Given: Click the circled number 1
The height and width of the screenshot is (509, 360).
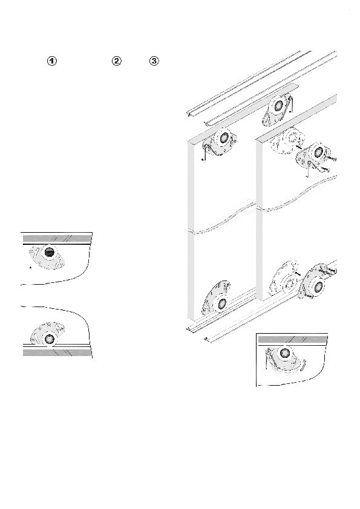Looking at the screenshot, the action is click(x=52, y=60).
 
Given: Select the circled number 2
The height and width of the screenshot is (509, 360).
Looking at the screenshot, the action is click(x=116, y=60).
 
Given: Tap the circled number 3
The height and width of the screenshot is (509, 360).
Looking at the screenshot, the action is click(x=154, y=60).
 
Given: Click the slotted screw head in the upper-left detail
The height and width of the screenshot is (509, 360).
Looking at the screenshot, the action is click(x=50, y=252).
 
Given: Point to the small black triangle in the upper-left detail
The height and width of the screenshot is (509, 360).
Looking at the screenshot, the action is click(x=30, y=267).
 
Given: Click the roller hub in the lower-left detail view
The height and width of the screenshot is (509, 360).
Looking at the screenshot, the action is click(x=50, y=339).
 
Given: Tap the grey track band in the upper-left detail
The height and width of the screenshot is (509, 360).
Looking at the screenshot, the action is click(x=57, y=239).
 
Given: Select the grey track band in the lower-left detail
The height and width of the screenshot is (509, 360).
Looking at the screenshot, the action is click(x=57, y=352).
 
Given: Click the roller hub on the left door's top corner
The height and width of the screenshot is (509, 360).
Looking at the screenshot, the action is click(x=224, y=138).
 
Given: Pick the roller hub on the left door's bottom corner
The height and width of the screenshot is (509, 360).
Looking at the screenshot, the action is click(x=222, y=303).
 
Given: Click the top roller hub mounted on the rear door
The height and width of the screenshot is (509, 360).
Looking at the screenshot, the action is click(x=278, y=106).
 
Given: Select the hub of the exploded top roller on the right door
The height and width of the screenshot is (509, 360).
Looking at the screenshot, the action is click(x=319, y=152).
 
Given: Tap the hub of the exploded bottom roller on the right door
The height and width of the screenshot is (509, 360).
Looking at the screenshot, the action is click(x=318, y=287).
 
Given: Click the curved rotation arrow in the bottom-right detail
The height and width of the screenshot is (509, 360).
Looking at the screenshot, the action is click(x=302, y=365).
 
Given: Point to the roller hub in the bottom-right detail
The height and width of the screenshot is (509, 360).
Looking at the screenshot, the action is click(x=284, y=352).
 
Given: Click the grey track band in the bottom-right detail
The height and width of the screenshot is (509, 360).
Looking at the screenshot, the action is click(x=292, y=340).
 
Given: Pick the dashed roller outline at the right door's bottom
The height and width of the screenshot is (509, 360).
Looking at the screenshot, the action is click(x=284, y=280).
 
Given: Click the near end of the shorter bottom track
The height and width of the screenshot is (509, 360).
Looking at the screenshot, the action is click(x=207, y=340).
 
